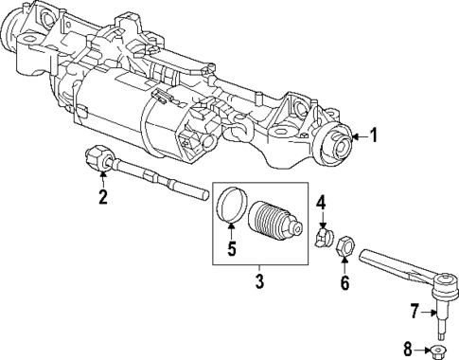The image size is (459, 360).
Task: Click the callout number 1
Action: pyautogui.click(x=373, y=135)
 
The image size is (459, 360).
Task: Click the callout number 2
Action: pyautogui.click(x=103, y=197)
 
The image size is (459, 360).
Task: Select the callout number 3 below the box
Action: pyautogui.click(x=257, y=280)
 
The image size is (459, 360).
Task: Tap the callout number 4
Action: pyautogui.click(x=322, y=202)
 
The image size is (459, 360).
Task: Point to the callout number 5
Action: pyautogui.click(x=230, y=251)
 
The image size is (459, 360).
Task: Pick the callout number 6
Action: pyautogui.click(x=344, y=282)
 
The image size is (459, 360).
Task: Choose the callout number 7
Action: pyautogui.click(x=414, y=310)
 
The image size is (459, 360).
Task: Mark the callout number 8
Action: pyautogui.click(x=409, y=350)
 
